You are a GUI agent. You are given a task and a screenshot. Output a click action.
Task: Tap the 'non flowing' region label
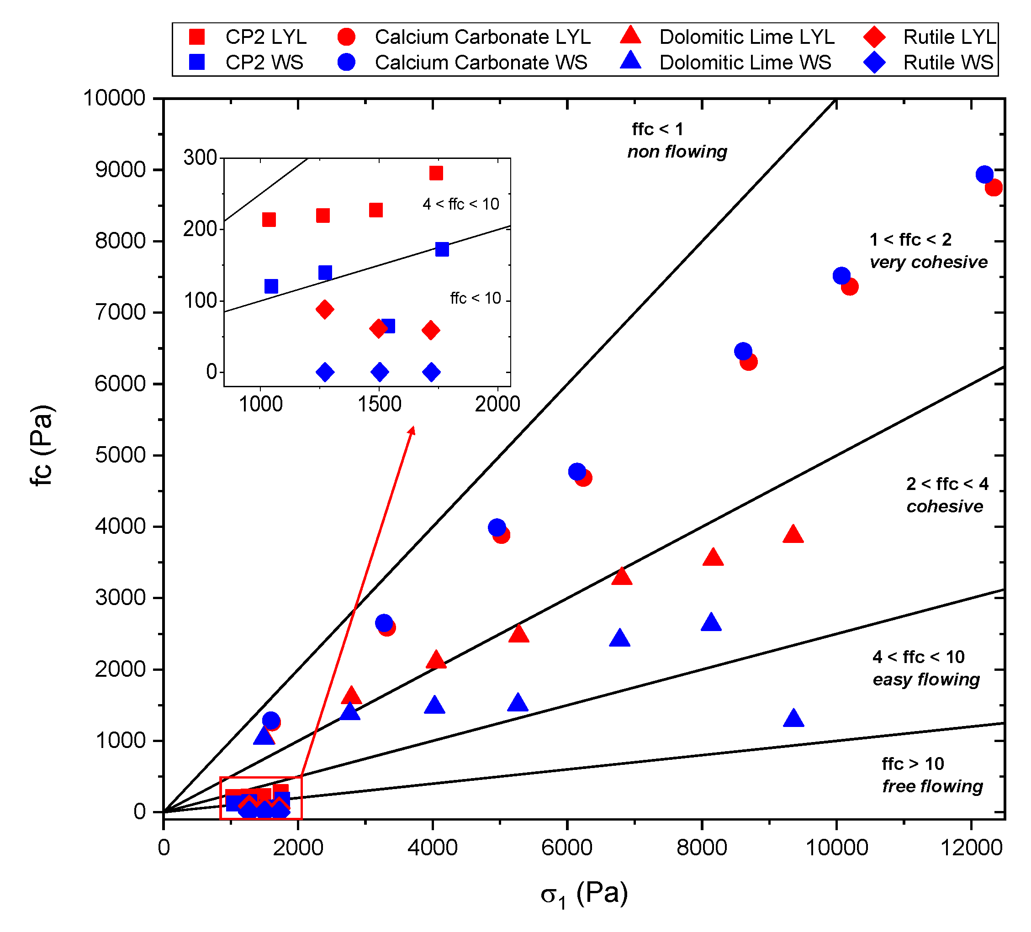point(677,152)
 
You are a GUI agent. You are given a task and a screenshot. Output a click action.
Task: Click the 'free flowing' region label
point(932,786)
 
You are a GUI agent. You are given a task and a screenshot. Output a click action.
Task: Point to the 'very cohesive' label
point(928,262)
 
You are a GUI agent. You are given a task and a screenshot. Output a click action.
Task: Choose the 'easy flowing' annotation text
point(925,679)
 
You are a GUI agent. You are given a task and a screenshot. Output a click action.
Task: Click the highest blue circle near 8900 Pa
point(984,175)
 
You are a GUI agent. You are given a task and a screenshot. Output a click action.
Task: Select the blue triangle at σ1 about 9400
point(793,719)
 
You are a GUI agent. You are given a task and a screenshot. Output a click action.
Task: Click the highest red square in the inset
point(436,174)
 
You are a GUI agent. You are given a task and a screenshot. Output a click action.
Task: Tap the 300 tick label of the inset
point(201,158)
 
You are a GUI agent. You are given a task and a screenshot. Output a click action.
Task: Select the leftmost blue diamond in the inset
point(325,372)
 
